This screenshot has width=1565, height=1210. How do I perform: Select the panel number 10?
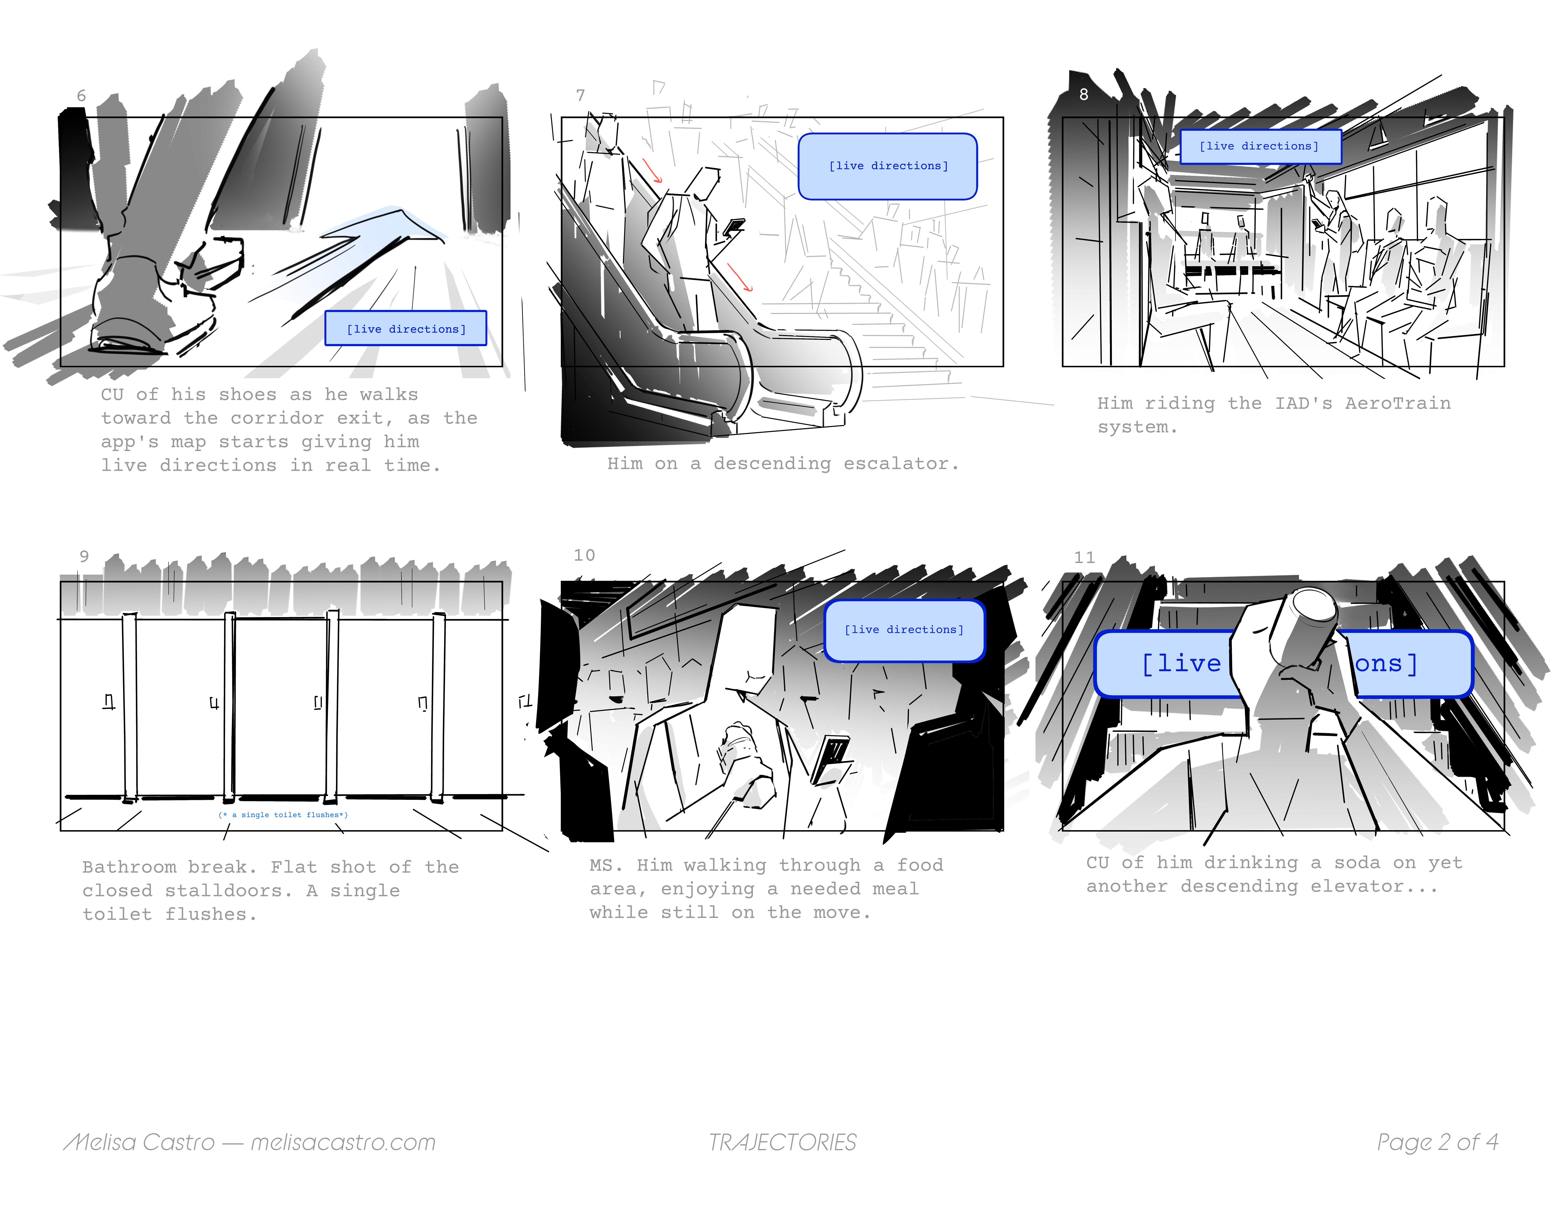[584, 555]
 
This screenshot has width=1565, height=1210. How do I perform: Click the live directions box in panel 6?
[405, 328]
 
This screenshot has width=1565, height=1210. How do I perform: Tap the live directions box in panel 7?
[888, 166]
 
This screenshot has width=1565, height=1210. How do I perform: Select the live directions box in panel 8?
[1260, 146]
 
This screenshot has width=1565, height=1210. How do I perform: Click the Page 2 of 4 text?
[1437, 1142]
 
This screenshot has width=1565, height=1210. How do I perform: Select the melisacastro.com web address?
[343, 1142]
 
